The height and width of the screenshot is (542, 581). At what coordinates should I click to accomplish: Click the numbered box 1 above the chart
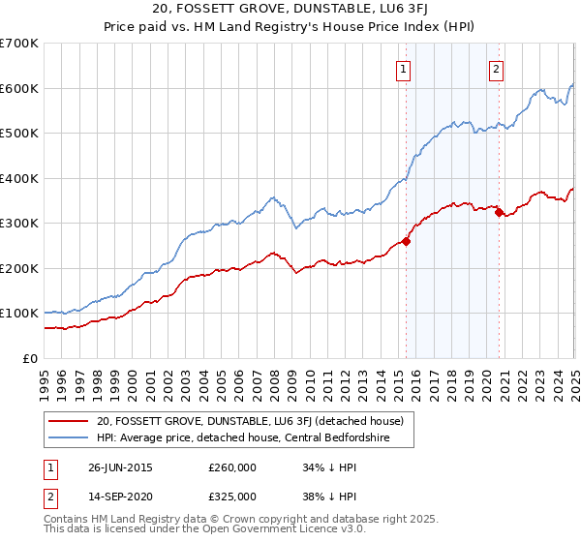[402, 69]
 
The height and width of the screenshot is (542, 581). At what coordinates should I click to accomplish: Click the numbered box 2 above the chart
[496, 69]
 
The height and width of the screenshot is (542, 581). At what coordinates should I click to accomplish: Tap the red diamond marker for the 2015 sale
[406, 242]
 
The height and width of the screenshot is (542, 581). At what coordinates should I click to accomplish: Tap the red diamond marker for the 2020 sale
[499, 213]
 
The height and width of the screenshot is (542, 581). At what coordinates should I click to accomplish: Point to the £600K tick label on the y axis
[19, 88]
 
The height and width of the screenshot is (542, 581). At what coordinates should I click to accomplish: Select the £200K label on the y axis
[19, 268]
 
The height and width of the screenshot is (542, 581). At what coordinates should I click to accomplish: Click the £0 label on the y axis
[29, 358]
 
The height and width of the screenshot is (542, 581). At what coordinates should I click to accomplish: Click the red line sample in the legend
[67, 421]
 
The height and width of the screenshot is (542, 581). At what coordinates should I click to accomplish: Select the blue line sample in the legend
[67, 437]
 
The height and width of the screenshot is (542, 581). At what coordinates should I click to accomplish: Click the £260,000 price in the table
[233, 467]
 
